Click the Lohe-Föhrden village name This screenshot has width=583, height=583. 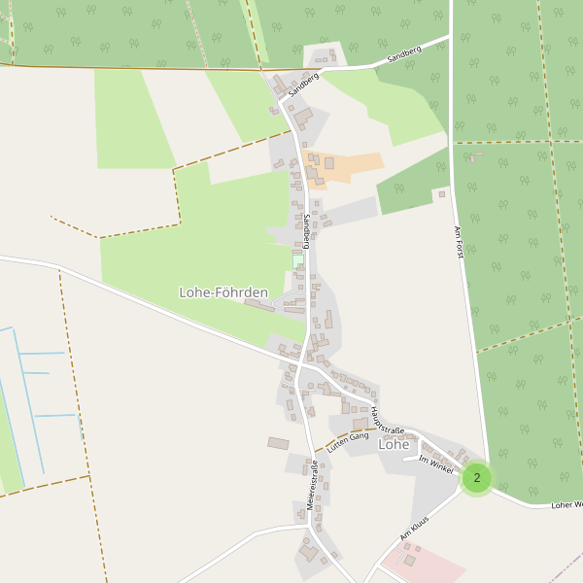[223, 291]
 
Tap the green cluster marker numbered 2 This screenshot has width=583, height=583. [476, 478]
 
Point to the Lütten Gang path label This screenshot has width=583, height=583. [349, 443]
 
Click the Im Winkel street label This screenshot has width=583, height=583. [436, 465]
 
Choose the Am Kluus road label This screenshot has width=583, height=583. [414, 530]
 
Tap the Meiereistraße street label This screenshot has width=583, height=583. [313, 485]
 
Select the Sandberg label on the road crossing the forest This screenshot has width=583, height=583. [403, 54]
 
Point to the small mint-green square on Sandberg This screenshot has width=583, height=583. [298, 261]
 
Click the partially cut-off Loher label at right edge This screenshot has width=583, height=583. [566, 505]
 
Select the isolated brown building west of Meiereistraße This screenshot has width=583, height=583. [278, 443]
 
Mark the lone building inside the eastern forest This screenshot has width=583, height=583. [475, 156]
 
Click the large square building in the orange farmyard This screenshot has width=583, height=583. [329, 163]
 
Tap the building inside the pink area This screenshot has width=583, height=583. [410, 560]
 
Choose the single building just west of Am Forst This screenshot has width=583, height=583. [441, 194]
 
